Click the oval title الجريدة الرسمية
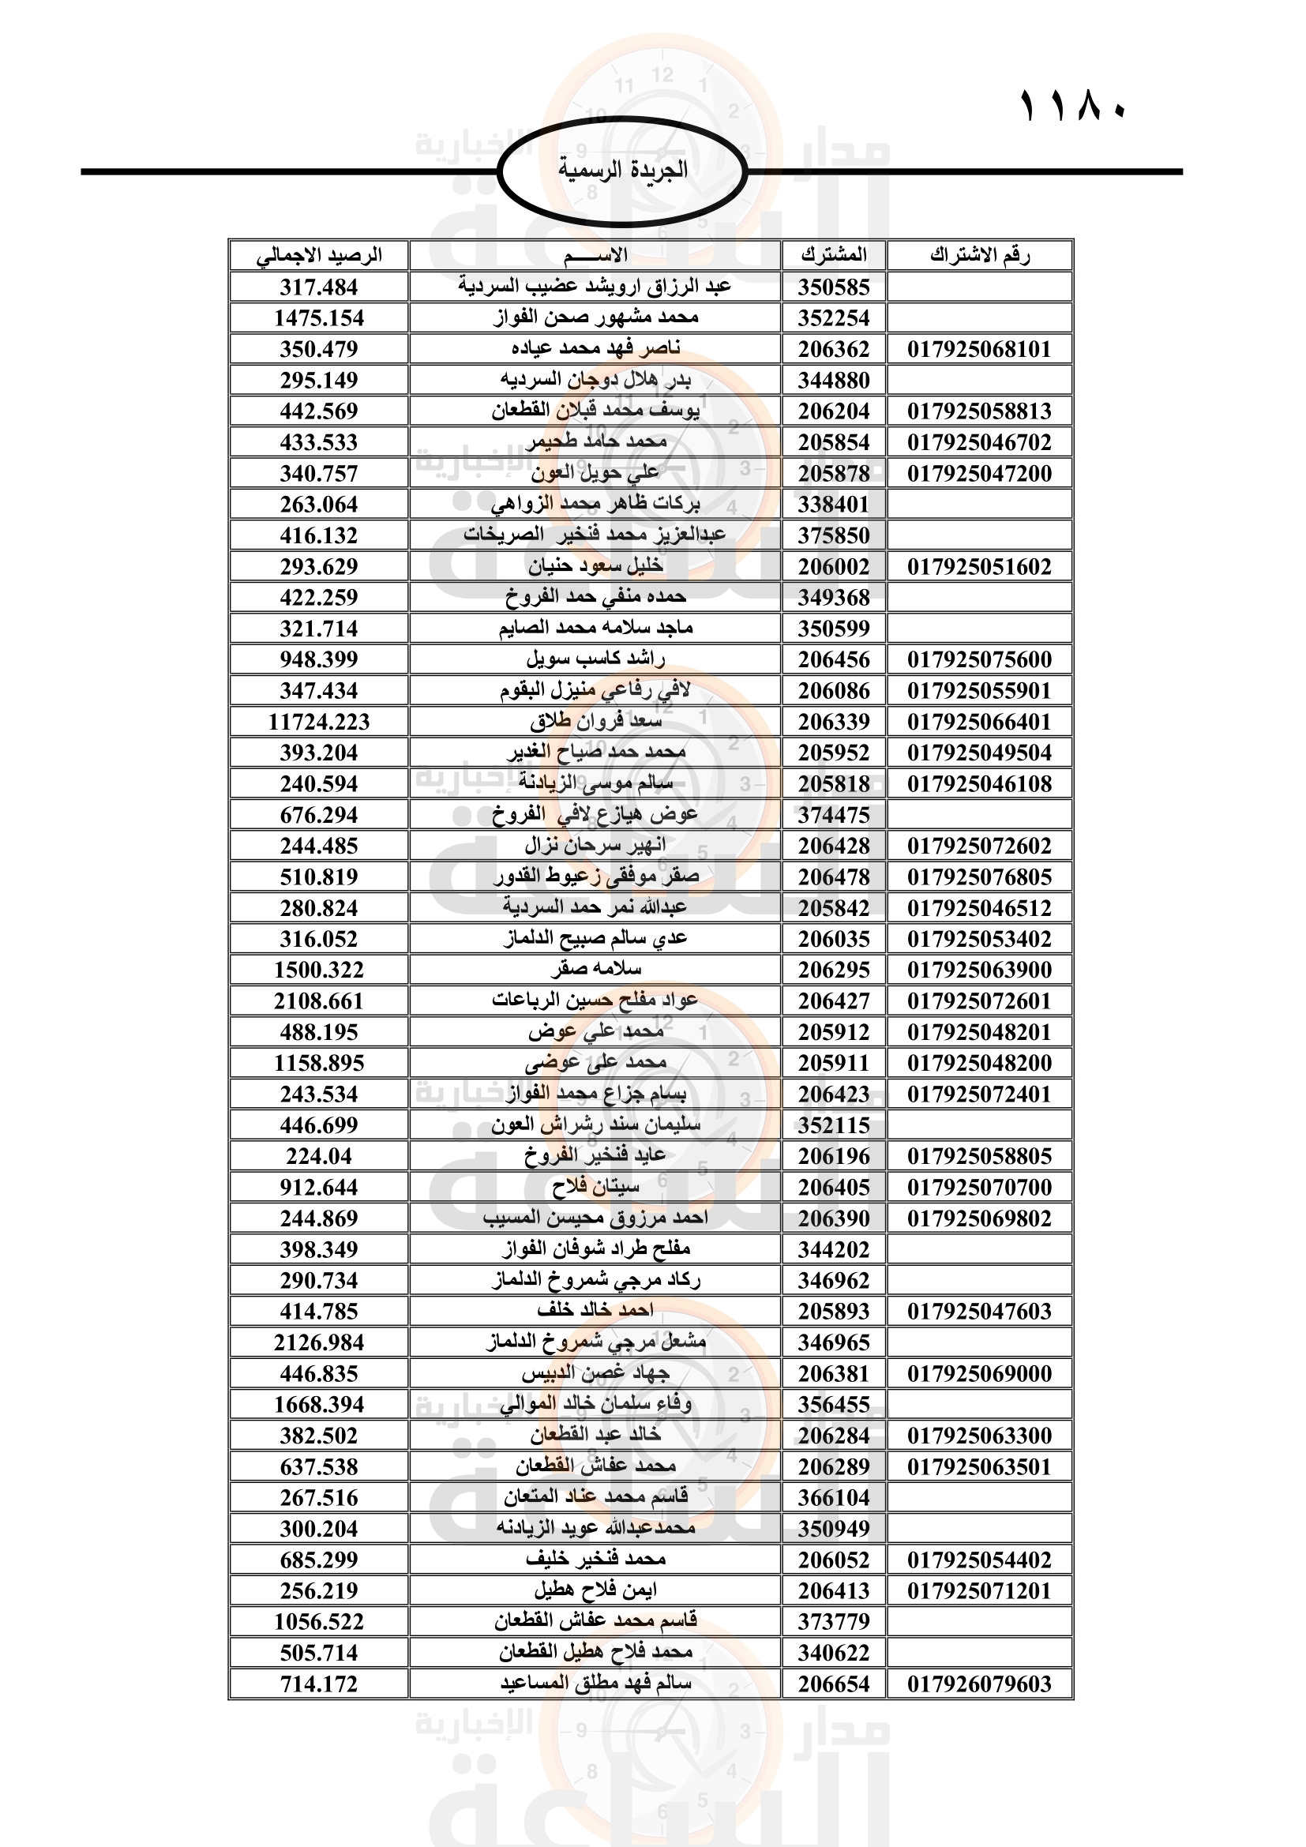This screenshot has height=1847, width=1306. point(622,171)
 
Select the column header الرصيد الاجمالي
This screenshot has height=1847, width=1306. point(319,256)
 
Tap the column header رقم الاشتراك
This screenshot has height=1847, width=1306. point(979,256)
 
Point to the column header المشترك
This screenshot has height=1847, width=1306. point(834,256)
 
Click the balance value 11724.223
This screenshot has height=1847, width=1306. point(319,722)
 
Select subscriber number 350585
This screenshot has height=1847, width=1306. point(834,287)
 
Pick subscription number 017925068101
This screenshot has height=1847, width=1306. point(979,349)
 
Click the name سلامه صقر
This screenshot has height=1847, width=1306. point(596,970)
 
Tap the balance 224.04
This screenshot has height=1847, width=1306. point(319,1156)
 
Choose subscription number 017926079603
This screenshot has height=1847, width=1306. point(979,1684)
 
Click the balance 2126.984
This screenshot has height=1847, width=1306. point(319,1342)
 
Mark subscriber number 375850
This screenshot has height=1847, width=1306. point(834,535)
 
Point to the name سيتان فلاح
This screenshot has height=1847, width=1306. point(596,1187)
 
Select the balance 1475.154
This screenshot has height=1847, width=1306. point(319,317)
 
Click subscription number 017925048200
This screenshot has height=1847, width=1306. point(979,1063)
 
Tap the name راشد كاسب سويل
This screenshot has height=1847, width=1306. point(596,659)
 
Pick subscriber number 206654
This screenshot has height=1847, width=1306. point(834,1684)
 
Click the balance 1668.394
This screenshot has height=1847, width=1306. point(319,1405)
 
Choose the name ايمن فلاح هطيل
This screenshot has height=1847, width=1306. point(596,1590)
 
